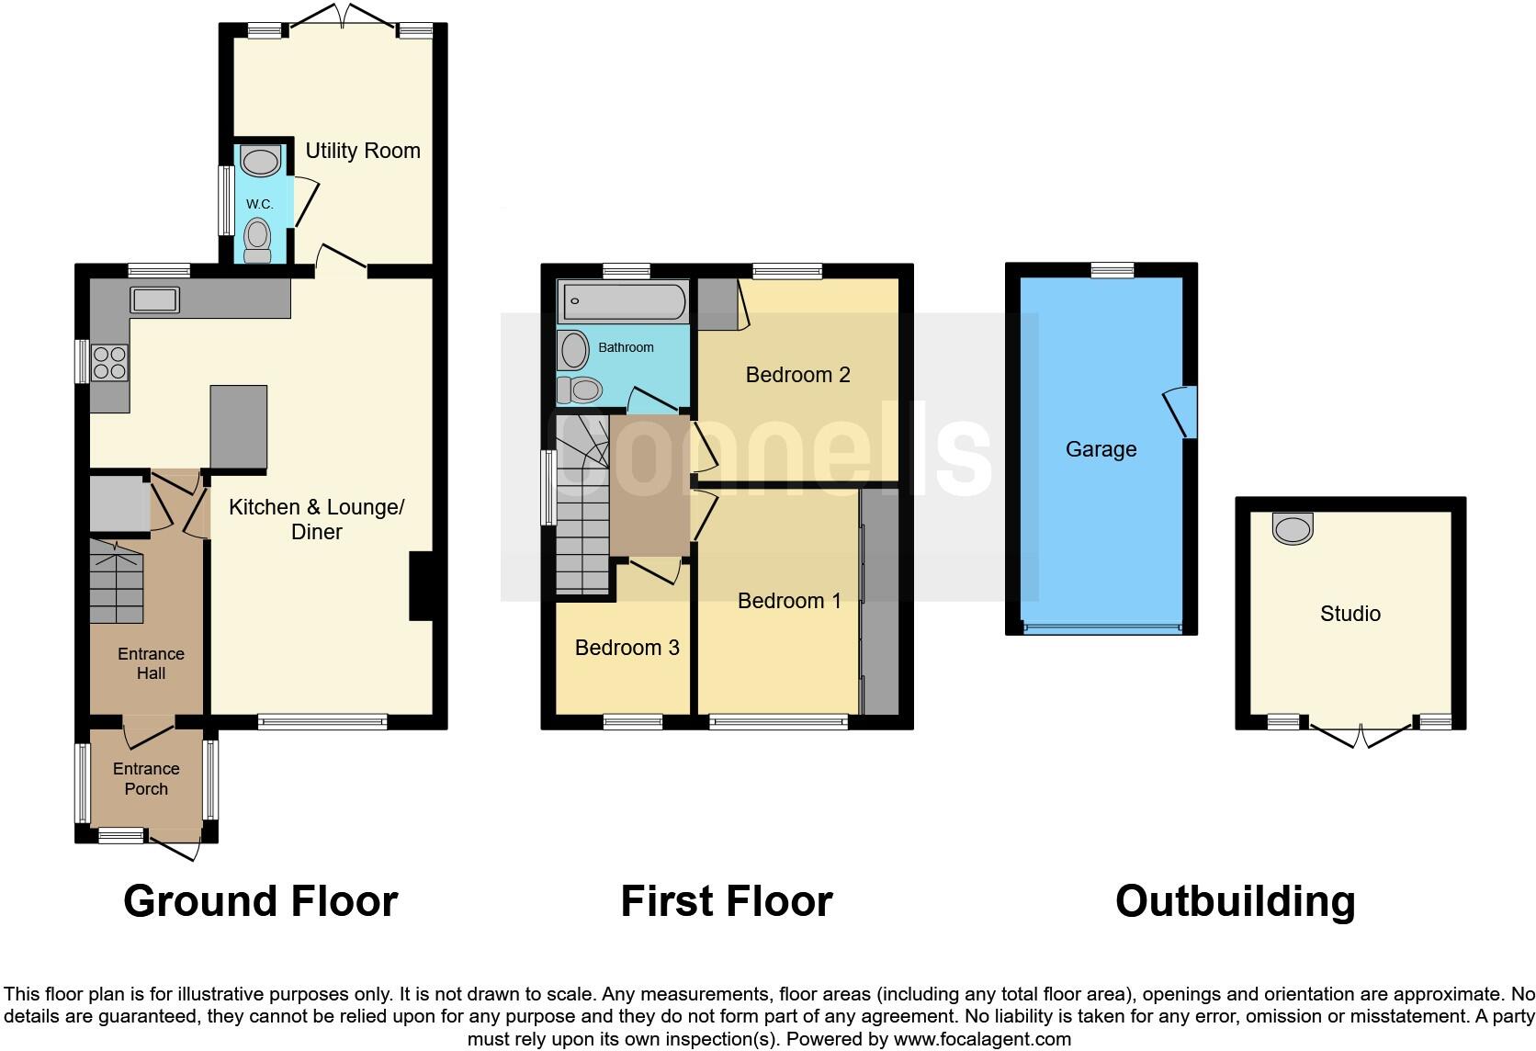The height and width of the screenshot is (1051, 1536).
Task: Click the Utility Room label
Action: point(362,151)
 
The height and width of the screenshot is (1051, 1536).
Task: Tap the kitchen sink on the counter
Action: point(155,299)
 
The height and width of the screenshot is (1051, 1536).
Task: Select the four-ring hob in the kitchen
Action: point(109,362)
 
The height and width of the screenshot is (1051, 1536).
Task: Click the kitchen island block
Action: point(239,427)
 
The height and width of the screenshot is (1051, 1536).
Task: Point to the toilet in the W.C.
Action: point(259,238)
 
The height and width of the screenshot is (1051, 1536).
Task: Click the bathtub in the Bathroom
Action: point(622,300)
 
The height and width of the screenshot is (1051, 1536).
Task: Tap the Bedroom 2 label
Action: point(797,375)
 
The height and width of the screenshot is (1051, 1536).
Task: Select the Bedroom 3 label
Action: point(627,649)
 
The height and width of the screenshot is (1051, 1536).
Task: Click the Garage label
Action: point(1101,449)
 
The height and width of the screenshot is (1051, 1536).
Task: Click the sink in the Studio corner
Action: point(1293,528)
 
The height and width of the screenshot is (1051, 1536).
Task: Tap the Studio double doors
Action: point(1361,734)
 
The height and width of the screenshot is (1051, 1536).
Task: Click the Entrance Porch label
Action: point(146,779)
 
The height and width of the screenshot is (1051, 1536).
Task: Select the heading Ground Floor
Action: point(260,901)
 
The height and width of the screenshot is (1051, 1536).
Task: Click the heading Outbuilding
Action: point(1235,901)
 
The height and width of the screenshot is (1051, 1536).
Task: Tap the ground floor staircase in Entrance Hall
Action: point(117,582)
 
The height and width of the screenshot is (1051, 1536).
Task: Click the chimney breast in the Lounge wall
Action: point(421,585)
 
